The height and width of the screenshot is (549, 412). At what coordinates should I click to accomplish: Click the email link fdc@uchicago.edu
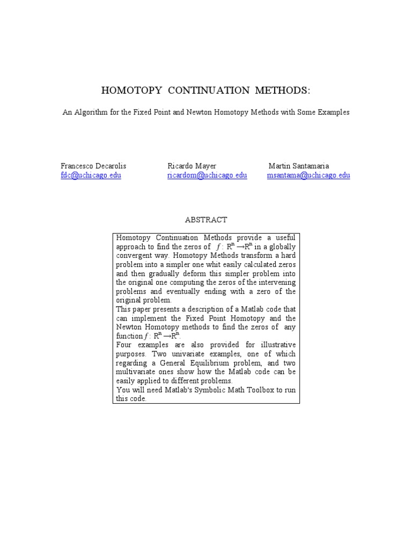[x=91, y=175]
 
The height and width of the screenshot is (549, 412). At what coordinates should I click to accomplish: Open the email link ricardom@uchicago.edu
[x=207, y=175]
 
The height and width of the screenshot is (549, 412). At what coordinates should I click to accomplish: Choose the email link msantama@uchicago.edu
[x=308, y=175]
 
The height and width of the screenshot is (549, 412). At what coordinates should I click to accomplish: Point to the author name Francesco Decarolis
[x=93, y=166]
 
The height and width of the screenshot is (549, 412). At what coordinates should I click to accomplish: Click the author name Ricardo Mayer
[x=192, y=166]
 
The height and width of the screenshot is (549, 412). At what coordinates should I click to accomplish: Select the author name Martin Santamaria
[x=299, y=166]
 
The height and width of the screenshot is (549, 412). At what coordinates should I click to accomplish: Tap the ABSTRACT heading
[x=206, y=220]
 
